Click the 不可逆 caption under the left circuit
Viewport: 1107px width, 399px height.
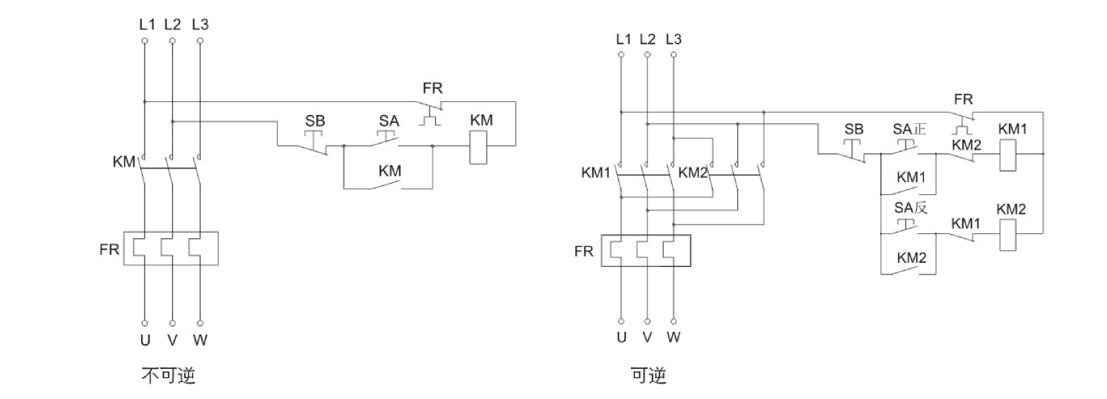168,375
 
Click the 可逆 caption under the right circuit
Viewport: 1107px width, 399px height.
648,375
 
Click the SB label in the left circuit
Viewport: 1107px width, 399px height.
315,121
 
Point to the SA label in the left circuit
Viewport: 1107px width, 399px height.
389,121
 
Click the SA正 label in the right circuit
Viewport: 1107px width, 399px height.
909,129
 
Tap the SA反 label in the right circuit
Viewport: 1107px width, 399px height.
910,207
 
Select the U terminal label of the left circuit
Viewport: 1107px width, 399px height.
145,339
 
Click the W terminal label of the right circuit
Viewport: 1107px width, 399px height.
673,337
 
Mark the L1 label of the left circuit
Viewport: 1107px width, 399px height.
147,25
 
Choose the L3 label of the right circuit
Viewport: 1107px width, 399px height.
673,40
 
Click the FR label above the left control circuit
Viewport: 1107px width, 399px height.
433,88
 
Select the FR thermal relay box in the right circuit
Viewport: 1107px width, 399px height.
646,250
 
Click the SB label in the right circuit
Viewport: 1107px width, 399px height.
854,129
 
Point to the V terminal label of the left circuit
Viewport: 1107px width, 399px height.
173,339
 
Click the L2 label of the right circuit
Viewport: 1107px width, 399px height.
647,40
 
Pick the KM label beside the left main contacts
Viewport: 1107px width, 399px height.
124,162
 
